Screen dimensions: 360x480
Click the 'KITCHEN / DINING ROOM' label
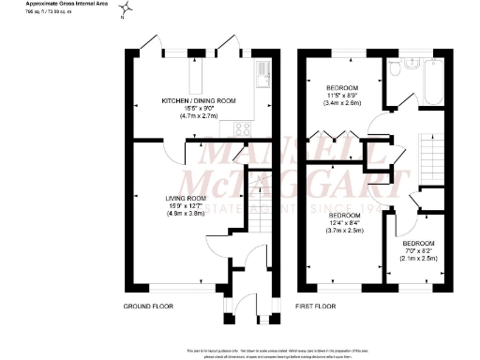click(x=199, y=100)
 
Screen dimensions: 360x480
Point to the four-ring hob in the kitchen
click(x=241, y=129)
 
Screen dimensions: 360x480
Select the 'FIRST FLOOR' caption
click(x=317, y=307)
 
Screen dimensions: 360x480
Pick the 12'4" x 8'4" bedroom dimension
click(x=345, y=222)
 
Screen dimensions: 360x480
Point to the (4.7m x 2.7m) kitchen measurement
click(x=199, y=115)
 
